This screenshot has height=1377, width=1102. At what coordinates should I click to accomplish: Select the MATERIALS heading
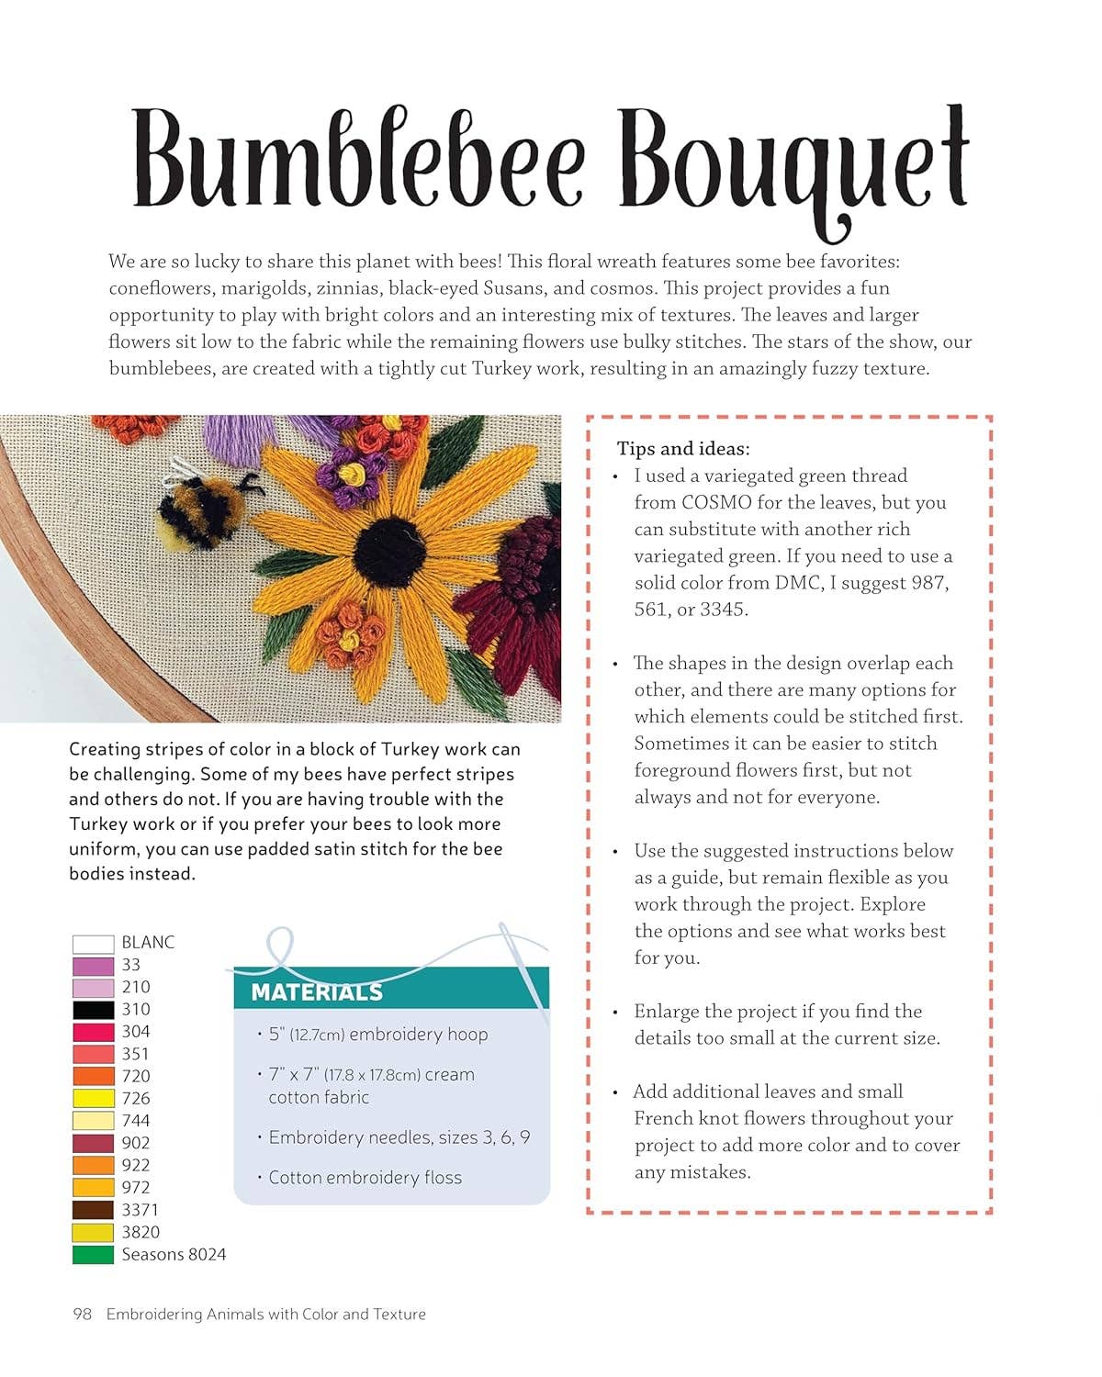coord(317,992)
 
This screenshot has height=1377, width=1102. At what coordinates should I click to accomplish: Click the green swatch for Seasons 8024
coord(93,1254)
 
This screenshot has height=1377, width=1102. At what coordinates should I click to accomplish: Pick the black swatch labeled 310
coord(93,1010)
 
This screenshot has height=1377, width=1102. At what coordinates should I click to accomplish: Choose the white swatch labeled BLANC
coord(93,943)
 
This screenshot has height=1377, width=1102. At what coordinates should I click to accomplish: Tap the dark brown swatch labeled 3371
coord(93,1210)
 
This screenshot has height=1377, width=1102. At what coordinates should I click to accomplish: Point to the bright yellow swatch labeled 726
coord(93,1098)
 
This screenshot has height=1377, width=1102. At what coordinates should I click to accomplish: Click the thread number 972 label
coord(136,1187)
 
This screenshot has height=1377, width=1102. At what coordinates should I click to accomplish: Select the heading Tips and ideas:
coord(683,449)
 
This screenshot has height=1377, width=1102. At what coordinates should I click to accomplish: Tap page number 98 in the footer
coord(83,1315)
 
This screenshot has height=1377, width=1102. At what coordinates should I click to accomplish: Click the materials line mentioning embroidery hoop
coord(377,1035)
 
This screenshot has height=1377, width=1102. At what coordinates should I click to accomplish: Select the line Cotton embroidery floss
coord(365,1178)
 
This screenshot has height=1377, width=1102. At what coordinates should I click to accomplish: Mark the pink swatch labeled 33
coord(93,966)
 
